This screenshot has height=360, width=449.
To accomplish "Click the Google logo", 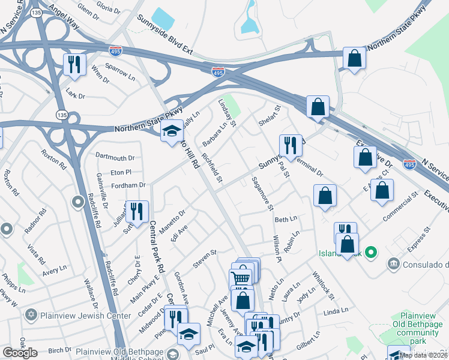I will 20,353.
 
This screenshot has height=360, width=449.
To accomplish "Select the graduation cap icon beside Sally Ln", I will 172,131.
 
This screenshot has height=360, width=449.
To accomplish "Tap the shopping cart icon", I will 240,278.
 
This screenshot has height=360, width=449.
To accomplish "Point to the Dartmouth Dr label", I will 115,158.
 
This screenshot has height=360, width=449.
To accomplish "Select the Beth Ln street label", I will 286,220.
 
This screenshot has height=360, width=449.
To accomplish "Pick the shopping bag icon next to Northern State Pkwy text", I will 355,58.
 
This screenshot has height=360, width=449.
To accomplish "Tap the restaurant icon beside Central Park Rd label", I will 138,211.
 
